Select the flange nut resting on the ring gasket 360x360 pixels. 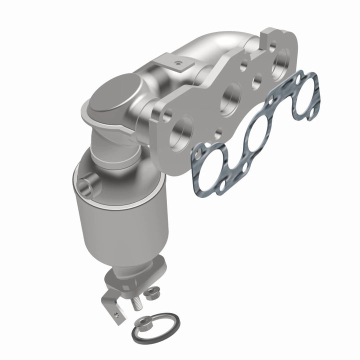[146, 323]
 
